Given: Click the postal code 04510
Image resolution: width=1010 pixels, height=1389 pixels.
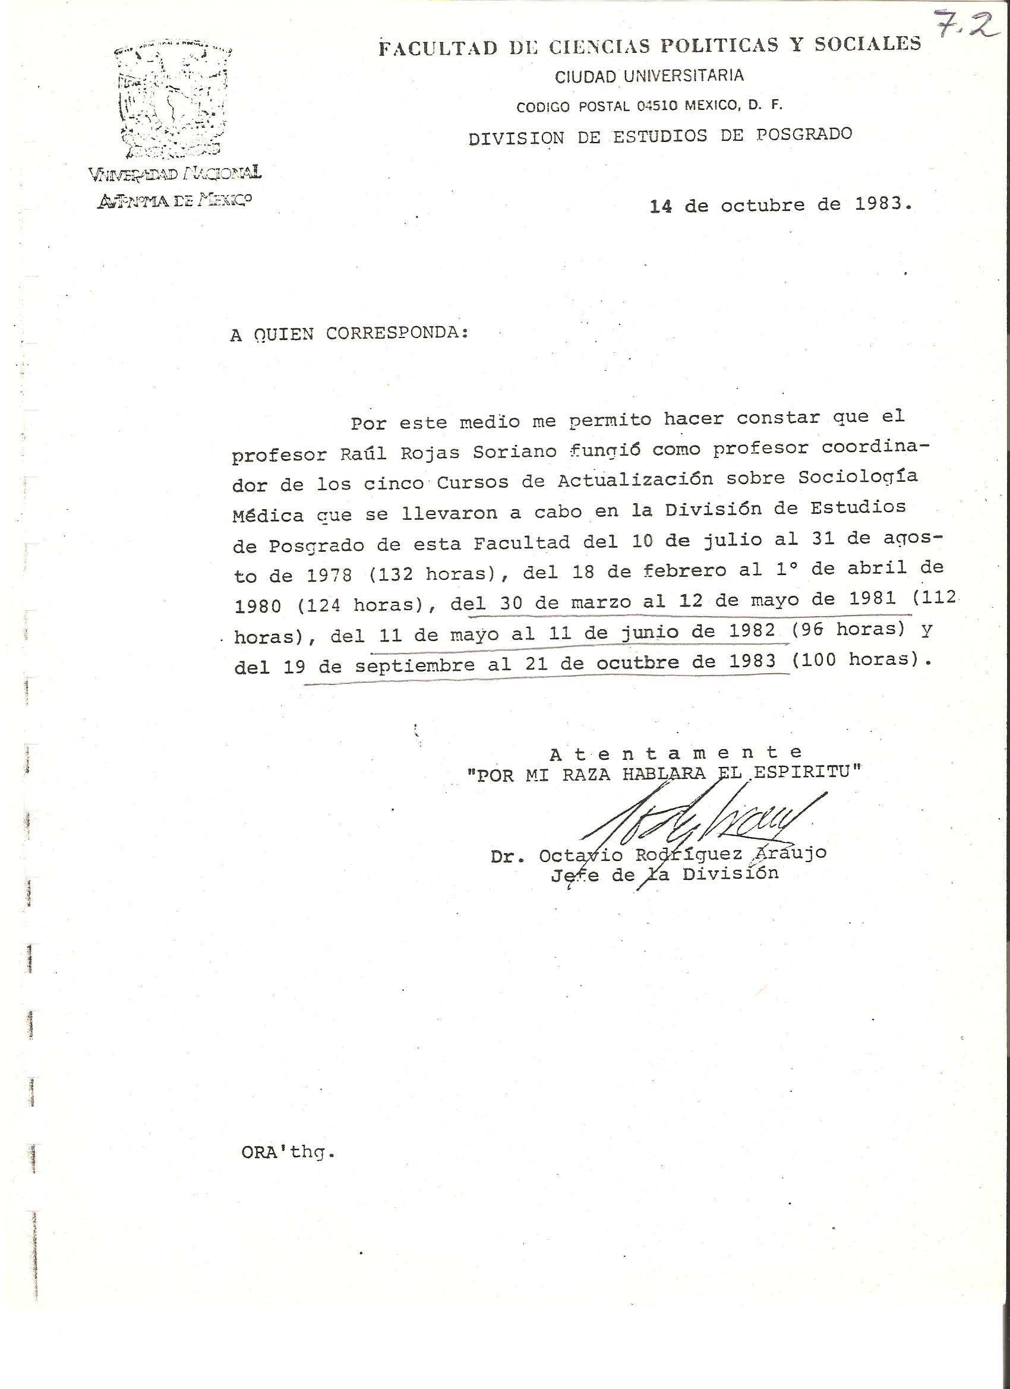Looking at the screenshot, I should (656, 106).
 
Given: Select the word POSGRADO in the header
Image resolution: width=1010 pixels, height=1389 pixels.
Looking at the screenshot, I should (804, 134).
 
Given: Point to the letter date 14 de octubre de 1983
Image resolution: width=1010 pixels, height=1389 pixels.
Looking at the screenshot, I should (780, 205).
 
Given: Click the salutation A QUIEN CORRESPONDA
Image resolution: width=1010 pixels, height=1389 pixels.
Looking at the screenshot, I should (350, 334).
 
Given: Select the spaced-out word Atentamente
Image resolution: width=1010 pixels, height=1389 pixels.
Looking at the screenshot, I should (676, 753).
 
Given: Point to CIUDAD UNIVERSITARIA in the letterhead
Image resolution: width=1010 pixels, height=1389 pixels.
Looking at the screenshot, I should (649, 76).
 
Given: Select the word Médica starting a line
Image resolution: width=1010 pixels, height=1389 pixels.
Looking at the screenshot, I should (268, 515).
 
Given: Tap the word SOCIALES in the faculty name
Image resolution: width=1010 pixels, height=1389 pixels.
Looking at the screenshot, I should (870, 44).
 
